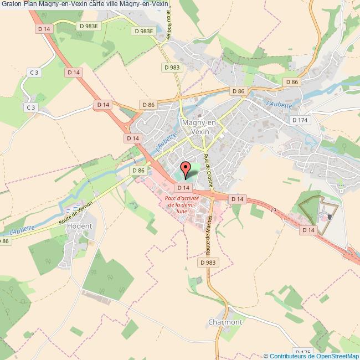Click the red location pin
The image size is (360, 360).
click(186, 168)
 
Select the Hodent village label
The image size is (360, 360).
click(79, 227)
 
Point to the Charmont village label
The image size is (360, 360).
click(225, 322)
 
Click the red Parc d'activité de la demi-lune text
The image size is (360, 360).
click(182, 204)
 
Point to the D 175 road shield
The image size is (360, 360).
click(302, 352)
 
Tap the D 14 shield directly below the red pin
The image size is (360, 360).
click(184, 188)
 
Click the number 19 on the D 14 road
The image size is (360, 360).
click(273, 209)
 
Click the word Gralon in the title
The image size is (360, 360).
click(11, 5)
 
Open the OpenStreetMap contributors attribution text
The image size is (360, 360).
click(312, 356)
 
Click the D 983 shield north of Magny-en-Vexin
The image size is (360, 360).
click(172, 67)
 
